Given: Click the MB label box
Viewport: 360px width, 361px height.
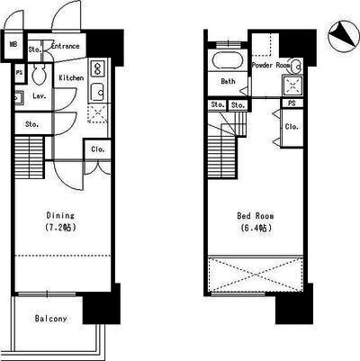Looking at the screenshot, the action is coord(13,45).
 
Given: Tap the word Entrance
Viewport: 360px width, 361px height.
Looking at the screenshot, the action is coord(65,46).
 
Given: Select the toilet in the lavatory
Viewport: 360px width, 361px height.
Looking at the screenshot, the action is coord(39,74).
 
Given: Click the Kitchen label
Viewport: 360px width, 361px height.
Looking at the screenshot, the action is coord(71,78).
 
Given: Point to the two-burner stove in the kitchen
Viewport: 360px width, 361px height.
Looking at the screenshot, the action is coord(98,68).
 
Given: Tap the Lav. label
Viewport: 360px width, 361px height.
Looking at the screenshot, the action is coord(40,96).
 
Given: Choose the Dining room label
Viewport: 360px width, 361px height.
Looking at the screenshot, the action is coord(60,215).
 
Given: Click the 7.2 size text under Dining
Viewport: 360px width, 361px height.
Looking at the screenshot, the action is coord(60,228).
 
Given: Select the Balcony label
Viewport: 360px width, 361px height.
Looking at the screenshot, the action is coord(50,319).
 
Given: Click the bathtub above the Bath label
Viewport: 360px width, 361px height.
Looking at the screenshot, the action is coord(227,60).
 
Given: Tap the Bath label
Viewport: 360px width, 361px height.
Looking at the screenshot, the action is coord(228,81).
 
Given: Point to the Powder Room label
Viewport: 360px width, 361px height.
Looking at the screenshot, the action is coord(271,65).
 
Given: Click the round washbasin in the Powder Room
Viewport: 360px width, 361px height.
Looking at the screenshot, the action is coord(296,67).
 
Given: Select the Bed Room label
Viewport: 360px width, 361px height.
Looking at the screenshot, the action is coord(256,216).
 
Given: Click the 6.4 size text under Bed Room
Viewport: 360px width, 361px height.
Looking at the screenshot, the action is coord(256,228).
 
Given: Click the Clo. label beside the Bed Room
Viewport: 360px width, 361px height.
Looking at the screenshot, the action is coord(292,127).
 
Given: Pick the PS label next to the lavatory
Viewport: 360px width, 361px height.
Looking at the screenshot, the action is coord(19,73).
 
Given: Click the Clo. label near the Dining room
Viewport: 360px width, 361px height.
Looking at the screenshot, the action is coord(98,149).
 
